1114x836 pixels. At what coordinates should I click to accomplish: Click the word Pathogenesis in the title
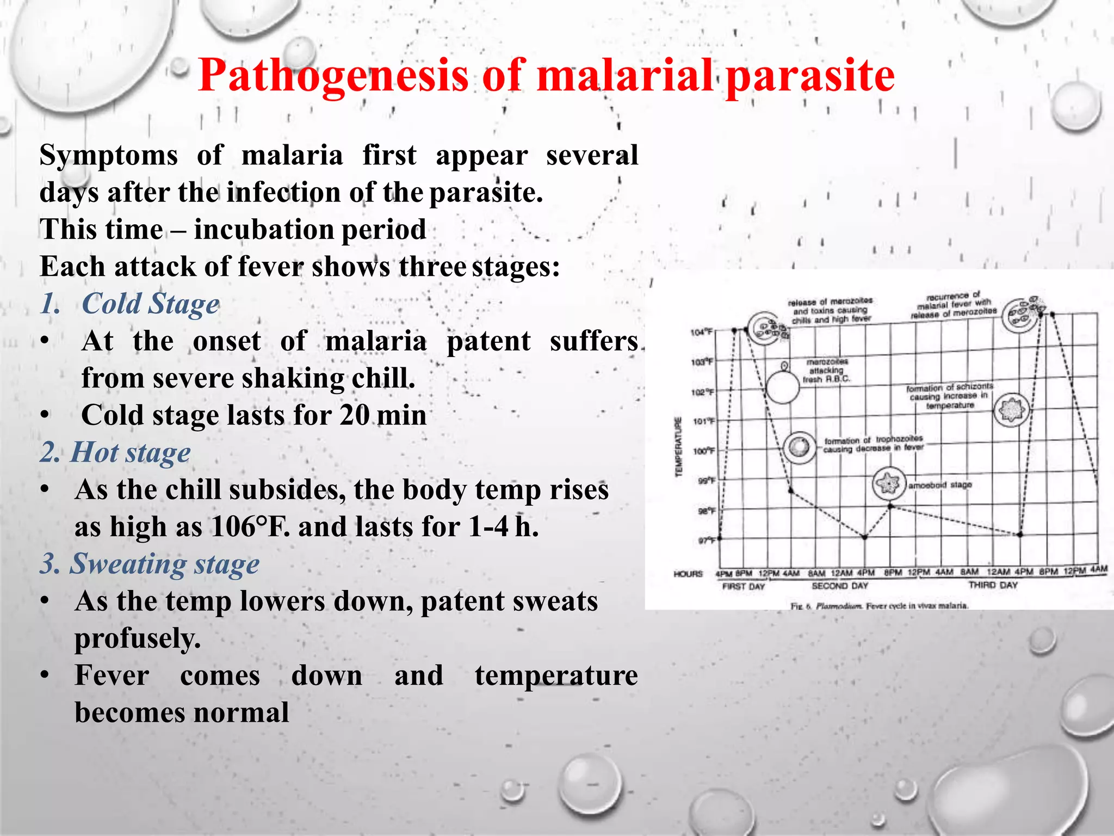tap(333, 76)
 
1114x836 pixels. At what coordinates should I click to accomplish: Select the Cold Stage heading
tap(150, 304)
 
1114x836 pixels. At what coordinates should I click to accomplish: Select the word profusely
tap(138, 638)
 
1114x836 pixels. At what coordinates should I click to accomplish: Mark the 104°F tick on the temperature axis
tap(702, 332)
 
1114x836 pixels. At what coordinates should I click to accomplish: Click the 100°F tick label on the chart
tap(703, 451)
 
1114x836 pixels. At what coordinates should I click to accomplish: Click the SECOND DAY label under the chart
tap(840, 586)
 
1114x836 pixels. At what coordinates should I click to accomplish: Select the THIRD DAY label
tap(993, 585)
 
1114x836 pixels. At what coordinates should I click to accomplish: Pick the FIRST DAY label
tap(743, 587)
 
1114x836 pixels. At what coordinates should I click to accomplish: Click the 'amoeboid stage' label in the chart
tap(940, 484)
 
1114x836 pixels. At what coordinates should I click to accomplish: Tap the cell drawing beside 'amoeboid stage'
tap(889, 483)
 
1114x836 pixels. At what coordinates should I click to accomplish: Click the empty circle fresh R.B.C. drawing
tap(782, 387)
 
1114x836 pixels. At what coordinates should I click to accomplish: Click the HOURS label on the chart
tap(688, 574)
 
